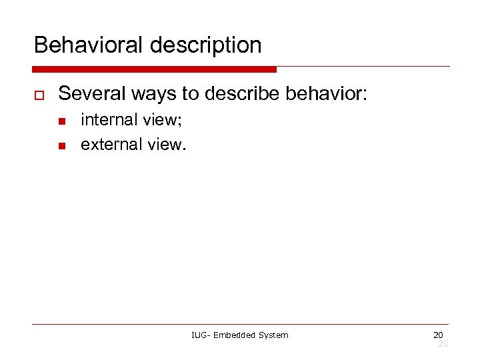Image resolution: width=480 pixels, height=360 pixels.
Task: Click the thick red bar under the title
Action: [154, 69]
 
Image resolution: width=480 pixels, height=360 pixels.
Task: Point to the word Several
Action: [88, 93]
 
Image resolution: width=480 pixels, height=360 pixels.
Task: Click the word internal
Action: [108, 120]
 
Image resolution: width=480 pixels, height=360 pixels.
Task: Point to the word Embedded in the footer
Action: [234, 335]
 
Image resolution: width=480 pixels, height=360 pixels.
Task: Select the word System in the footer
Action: [273, 335]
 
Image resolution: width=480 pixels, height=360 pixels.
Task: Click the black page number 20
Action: [438, 335]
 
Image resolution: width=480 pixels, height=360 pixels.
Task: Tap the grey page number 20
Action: [442, 343]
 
